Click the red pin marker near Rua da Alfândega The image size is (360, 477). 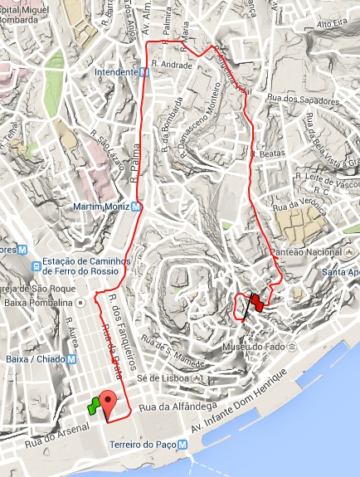coord(108,400)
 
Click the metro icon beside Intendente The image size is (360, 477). coord(145,72)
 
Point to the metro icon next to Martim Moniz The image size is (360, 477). coord(137,206)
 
